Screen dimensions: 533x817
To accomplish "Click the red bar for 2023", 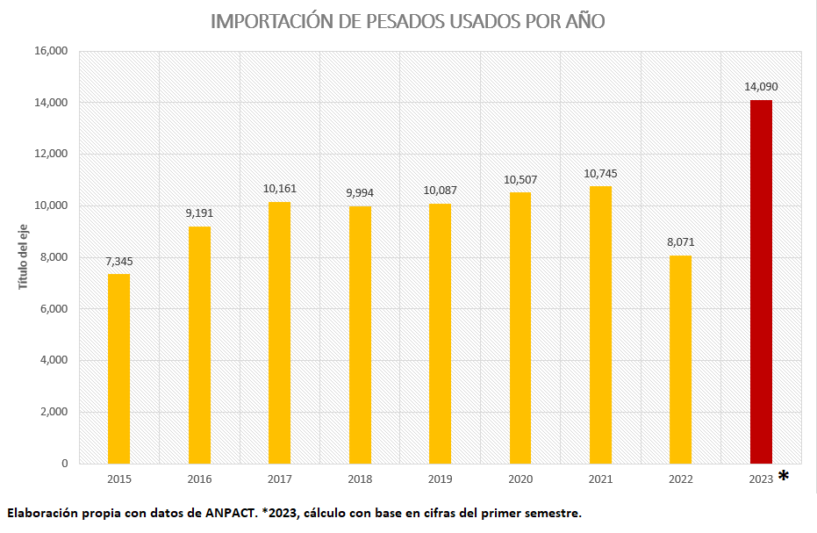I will pos(761,281).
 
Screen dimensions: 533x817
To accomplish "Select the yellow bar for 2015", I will pos(118,369).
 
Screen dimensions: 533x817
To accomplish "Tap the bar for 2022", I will pos(680,359).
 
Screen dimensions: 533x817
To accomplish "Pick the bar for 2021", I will pos(600,325).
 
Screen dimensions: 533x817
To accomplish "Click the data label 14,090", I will pos(761,86).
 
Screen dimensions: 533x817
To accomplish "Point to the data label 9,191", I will pos(199,212).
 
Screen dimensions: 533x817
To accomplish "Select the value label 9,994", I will pos(360,192).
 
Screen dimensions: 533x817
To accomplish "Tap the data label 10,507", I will pos(520,179).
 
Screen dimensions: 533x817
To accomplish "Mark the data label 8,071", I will pos(680,241).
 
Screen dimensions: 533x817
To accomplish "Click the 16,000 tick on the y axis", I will pos(50,51).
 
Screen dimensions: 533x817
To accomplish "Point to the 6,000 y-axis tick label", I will pos(53,309).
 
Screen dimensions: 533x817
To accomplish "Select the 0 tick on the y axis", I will pos(64,464).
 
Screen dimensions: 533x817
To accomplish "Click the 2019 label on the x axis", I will pos(440,479).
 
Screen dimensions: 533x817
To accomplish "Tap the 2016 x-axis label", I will pos(199,479).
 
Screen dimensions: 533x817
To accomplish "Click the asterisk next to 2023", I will pos(784,477).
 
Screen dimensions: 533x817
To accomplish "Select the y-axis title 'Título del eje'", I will pos(24,256).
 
